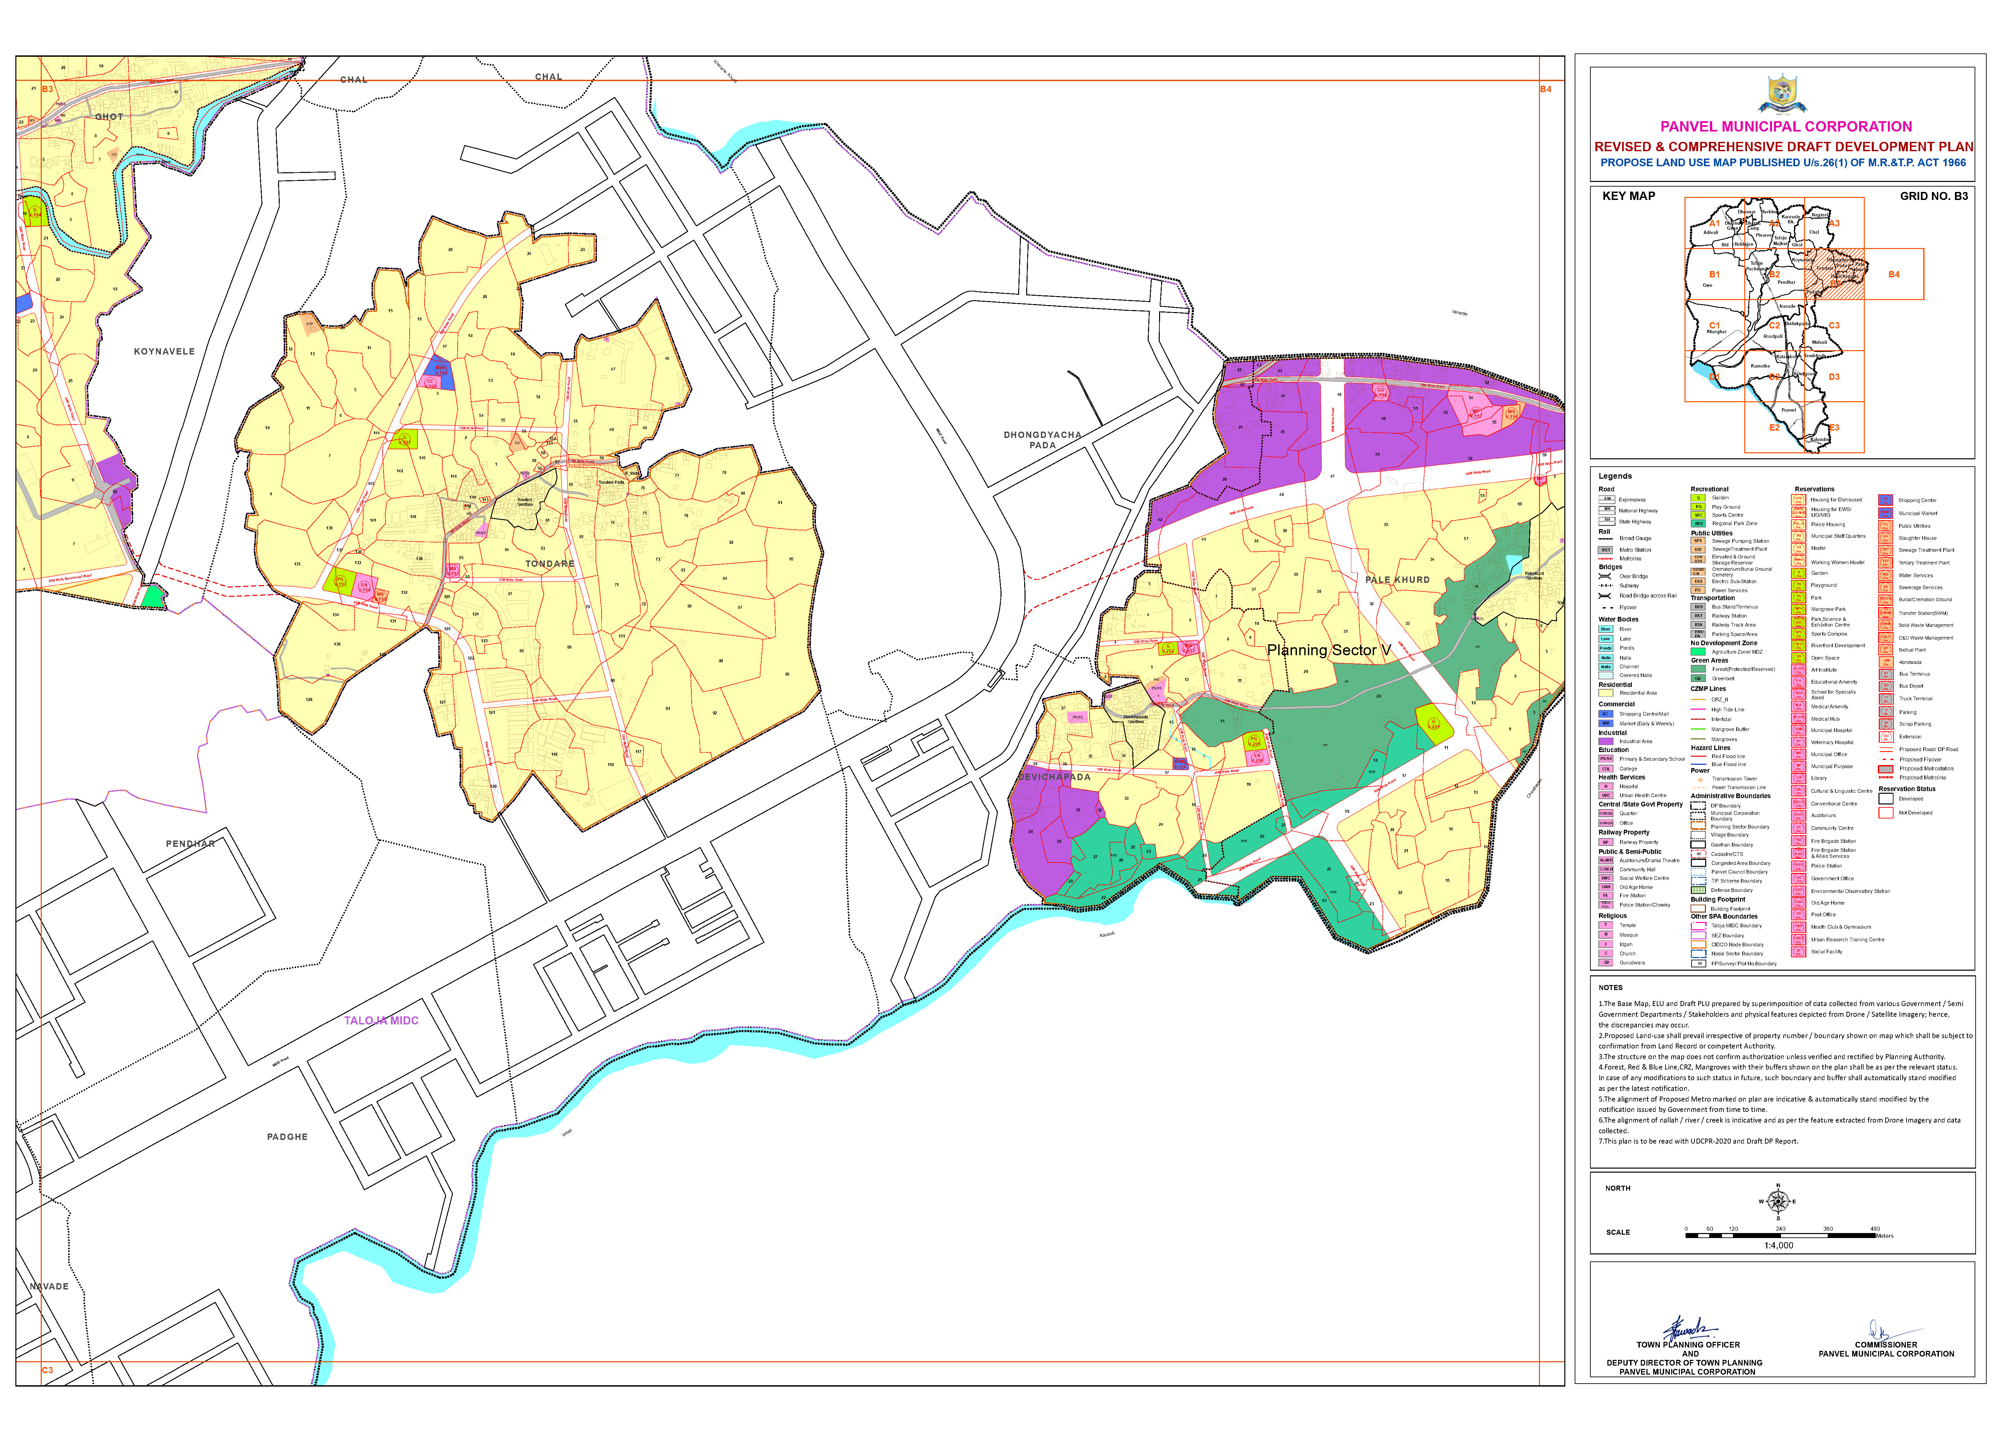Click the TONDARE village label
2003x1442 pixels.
(549, 563)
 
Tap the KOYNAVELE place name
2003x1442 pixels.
(164, 351)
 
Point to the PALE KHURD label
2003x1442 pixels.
(1397, 580)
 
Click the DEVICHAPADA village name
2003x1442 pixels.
(1055, 777)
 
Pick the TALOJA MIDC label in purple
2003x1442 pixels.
(382, 1021)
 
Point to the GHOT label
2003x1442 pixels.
(109, 116)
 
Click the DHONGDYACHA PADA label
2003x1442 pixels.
(1042, 440)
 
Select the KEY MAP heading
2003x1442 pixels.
(1628, 196)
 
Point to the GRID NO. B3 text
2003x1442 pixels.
(1933, 196)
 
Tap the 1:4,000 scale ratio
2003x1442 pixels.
(1779, 1246)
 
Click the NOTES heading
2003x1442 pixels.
(1610, 987)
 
